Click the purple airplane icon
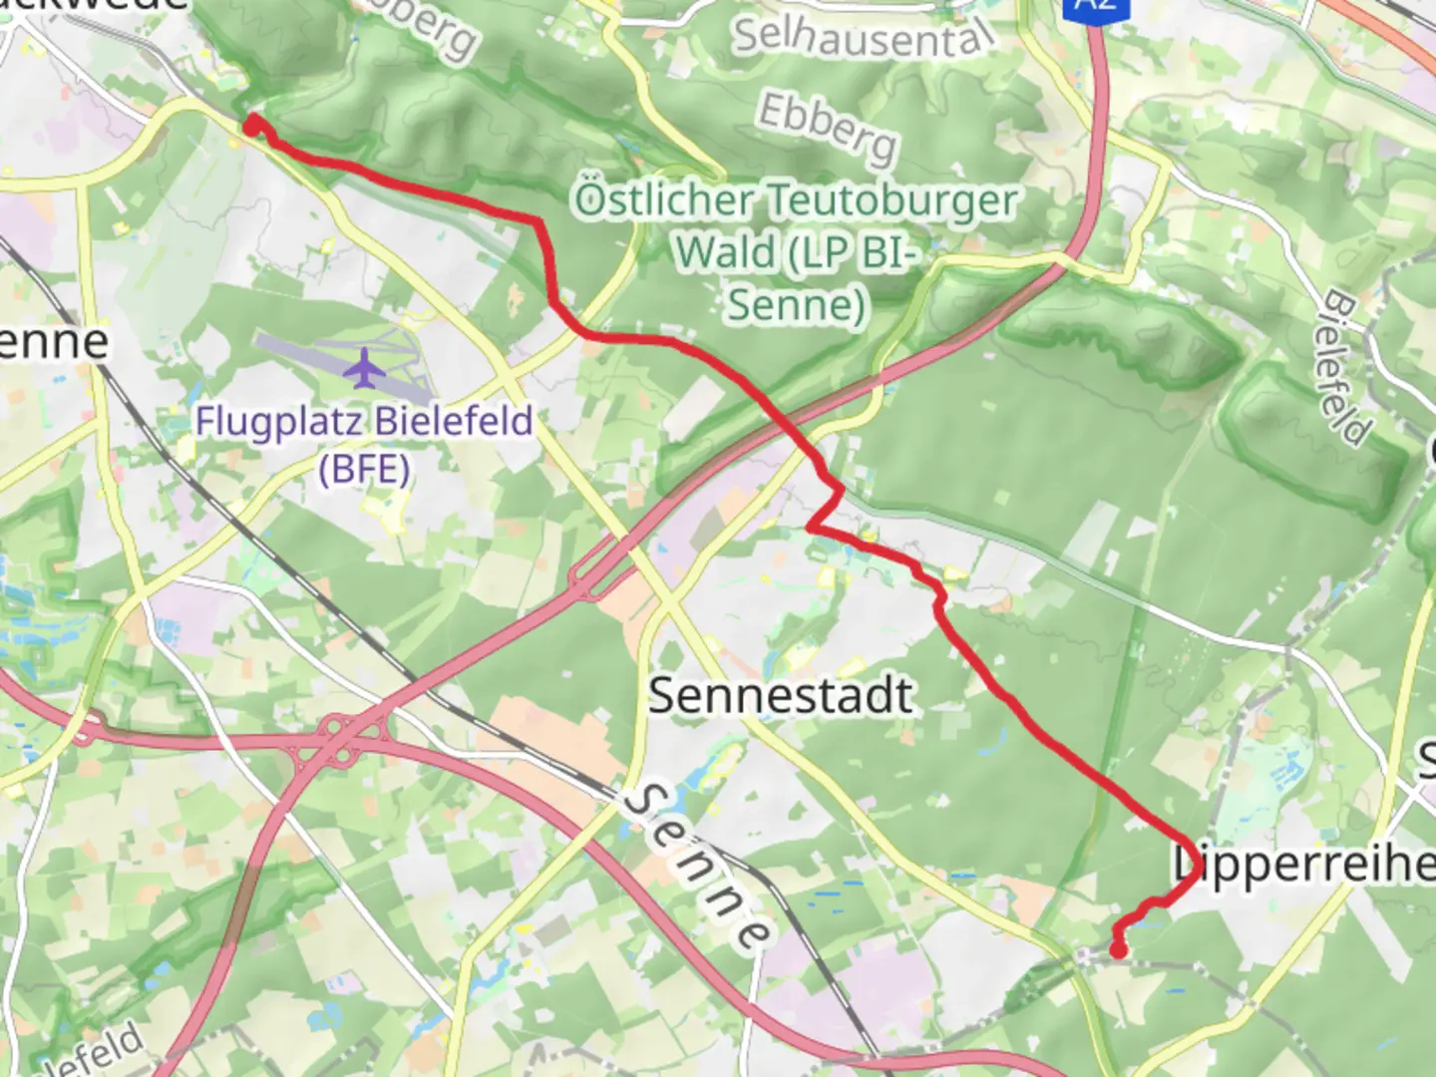367,368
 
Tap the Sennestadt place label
781,695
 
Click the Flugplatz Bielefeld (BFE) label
364,443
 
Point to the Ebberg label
828,129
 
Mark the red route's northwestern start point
252,124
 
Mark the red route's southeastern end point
1119,950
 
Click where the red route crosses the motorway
788,427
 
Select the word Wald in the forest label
724,252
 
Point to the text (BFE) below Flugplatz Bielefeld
364,467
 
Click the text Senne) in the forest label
796,304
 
